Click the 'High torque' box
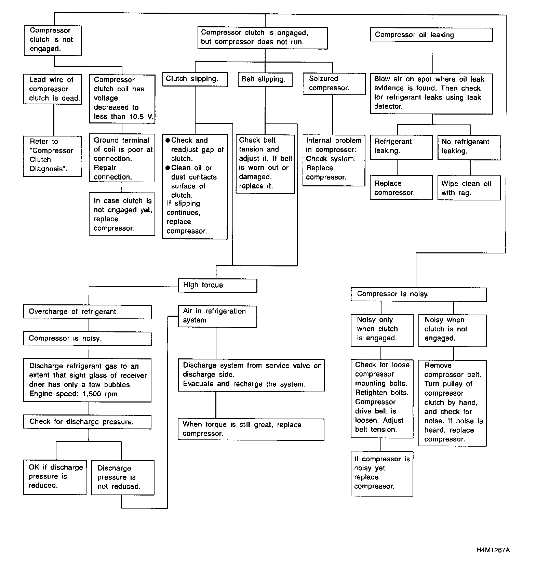pyautogui.click(x=217, y=286)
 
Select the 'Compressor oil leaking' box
pyautogui.click(x=431, y=35)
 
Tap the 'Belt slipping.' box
pyautogui.click(x=265, y=79)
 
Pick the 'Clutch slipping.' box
pyautogui.click(x=195, y=79)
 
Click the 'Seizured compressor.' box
pyautogui.click(x=334, y=83)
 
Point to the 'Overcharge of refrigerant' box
pyautogui.click(x=87, y=312)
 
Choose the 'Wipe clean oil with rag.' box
pyautogui.click(x=469, y=188)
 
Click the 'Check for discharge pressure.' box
pyautogui.click(x=87, y=422)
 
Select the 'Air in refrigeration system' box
pyautogui.click(x=217, y=316)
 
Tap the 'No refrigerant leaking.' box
pyautogui.click(x=469, y=147)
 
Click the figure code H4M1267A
pyautogui.click(x=493, y=551)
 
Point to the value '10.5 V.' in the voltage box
pyautogui.click(x=141, y=117)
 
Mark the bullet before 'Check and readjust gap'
pyautogui.click(x=168, y=141)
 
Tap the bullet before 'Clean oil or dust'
pyautogui.click(x=168, y=168)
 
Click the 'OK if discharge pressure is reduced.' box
pyautogui.click(x=55, y=477)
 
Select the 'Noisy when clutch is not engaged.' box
pyautogui.click(x=452, y=330)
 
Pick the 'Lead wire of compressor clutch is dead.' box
pyautogui.click(x=53, y=89)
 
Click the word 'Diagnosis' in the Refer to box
pyautogui.click(x=46, y=169)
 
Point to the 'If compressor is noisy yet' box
pyautogui.click(x=382, y=473)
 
